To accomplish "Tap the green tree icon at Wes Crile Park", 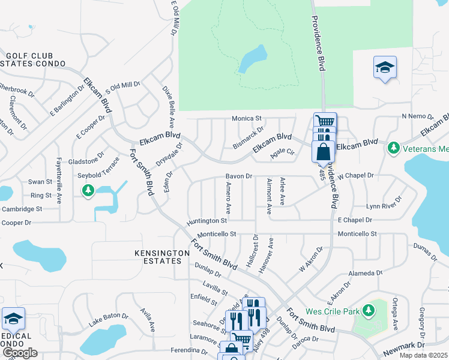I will click(369, 310).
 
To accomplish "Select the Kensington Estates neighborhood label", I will click(158, 257).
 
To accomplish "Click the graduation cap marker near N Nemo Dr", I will click(384, 67).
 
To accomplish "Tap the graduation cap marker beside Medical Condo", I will click(13, 319).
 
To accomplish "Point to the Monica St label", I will click(247, 118).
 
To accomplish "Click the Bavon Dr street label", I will click(238, 176).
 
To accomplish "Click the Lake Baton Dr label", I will click(109, 319).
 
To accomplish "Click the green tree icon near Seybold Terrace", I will click(88, 190).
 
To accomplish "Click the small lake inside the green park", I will click(252, 60).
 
